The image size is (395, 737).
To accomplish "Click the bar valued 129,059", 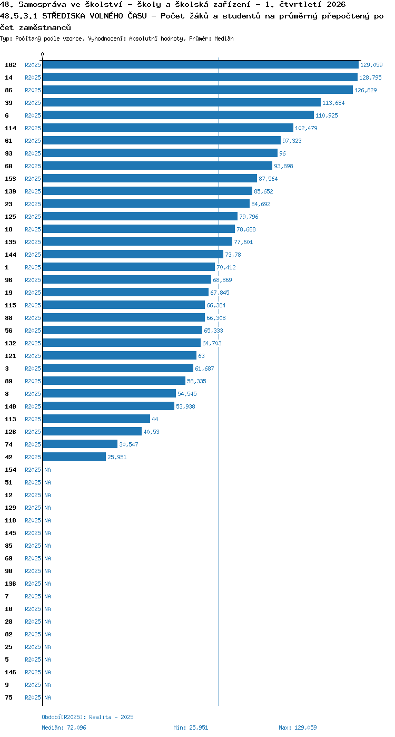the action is pyautogui.click(x=201, y=64).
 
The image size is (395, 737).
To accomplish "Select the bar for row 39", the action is pyautogui.click(x=182, y=102).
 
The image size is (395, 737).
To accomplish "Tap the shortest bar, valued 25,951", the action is pyautogui.click(x=74, y=457).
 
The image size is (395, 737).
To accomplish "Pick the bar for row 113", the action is pyautogui.click(x=96, y=419).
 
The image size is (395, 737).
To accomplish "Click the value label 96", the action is pyautogui.click(x=282, y=153).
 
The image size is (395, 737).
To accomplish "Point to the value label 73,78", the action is pyautogui.click(x=233, y=255).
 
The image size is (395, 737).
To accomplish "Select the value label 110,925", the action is pyautogui.click(x=327, y=115).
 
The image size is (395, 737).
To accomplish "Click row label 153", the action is pyautogui.click(x=11, y=179).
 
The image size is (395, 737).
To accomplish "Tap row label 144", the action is pyautogui.click(x=11, y=255).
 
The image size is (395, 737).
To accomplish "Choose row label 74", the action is pyautogui.click(x=8, y=444).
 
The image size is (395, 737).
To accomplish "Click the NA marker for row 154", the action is pyautogui.click(x=47, y=470).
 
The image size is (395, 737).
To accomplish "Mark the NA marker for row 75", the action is pyautogui.click(x=47, y=697).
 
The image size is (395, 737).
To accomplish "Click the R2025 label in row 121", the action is pyautogui.click(x=33, y=356).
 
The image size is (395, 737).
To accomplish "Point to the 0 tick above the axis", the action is pyautogui.click(x=42, y=54).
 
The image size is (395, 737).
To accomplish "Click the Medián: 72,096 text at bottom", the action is pyautogui.click(x=64, y=728).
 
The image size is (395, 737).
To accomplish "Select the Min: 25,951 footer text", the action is pyautogui.click(x=191, y=728).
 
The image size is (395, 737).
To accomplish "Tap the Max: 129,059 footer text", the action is pyautogui.click(x=298, y=728).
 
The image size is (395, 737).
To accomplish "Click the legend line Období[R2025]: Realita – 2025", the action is pyautogui.click(x=87, y=717).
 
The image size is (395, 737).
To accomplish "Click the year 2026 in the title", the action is pyautogui.click(x=336, y=4).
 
